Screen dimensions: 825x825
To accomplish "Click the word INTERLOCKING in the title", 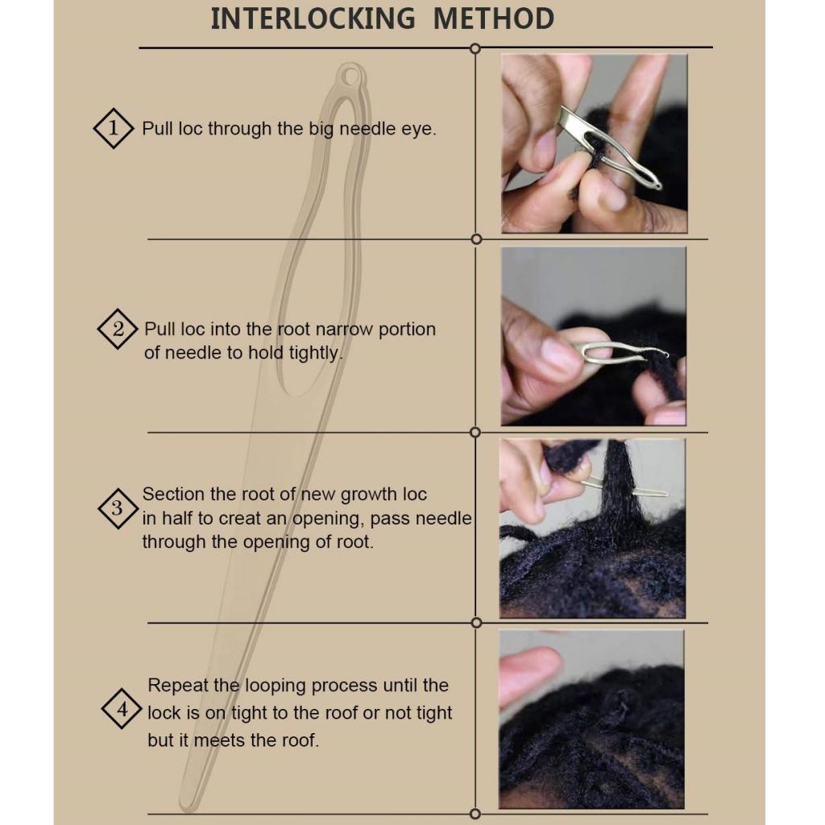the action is click(x=313, y=19).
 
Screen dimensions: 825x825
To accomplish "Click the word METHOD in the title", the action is click(x=494, y=19).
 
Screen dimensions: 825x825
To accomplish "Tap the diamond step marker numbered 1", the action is click(x=113, y=128).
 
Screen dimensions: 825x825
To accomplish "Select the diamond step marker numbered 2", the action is click(x=118, y=329).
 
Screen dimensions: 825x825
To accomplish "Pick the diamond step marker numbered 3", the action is click(x=118, y=508).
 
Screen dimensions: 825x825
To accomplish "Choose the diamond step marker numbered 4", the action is click(x=122, y=709).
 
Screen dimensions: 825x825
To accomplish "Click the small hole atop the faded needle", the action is click(x=350, y=77).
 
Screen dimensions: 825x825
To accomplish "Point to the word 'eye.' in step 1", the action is click(x=419, y=130).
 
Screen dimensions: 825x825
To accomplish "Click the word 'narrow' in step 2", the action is click(x=336, y=330).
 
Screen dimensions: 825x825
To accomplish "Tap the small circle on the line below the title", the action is click(x=475, y=48).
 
